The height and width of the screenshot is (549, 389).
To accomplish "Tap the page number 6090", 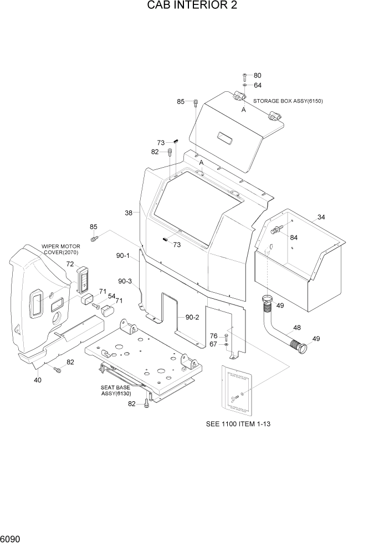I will pos(12,538).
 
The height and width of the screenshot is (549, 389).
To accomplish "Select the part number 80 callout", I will pos(257,75).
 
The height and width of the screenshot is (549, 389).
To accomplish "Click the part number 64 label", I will pos(257,85).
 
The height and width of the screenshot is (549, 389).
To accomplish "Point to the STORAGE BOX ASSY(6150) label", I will pos(288,101).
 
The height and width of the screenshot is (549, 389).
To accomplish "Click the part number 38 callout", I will pos(129,213).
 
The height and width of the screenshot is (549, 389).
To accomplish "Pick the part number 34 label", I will pos(321,217).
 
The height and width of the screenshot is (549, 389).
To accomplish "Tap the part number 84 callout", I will pos(294,237).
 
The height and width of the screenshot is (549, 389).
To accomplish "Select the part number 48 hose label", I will pos(297,328).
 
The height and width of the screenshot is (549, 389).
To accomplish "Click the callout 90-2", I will pos(192,317).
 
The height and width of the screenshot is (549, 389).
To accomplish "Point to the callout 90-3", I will pos(124,281).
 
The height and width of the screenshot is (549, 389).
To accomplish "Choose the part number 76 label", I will pos(214,336).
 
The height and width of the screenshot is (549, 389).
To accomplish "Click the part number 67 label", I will pos(214,345).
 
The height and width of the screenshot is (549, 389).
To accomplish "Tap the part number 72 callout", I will pos(70,264).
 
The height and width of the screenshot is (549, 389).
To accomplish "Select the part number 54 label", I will pos(111,297).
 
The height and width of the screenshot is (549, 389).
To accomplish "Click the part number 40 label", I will pos(37,380).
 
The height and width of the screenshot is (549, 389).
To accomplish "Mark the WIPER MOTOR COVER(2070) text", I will pos(60,249).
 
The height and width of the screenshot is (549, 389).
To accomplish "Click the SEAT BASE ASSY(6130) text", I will pos(115,391).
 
